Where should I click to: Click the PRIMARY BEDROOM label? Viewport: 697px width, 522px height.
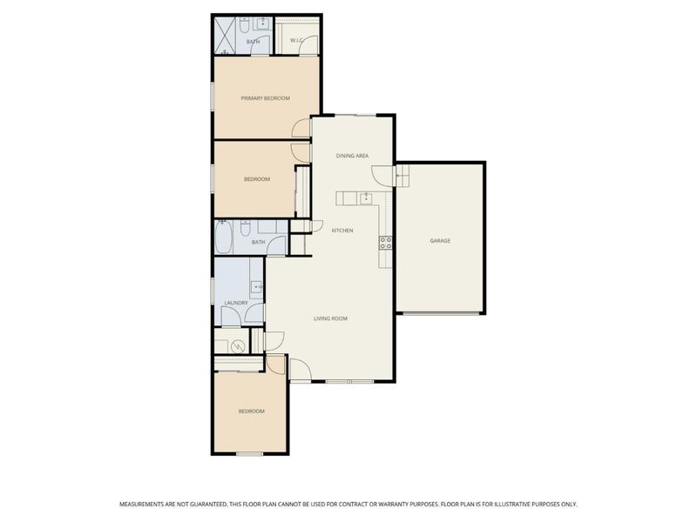pyautogui.click(x=265, y=98)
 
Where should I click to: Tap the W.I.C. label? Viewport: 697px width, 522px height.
pyautogui.click(x=295, y=40)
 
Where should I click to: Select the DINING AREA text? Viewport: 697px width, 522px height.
pyautogui.click(x=353, y=156)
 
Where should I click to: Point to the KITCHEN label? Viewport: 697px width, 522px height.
pyautogui.click(x=342, y=230)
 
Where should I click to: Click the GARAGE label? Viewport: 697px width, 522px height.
pyautogui.click(x=440, y=240)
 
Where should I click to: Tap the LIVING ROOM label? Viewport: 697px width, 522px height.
pyautogui.click(x=330, y=318)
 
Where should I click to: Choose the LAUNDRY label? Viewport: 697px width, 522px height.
pyautogui.click(x=235, y=303)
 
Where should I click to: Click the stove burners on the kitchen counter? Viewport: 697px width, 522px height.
pyautogui.click(x=384, y=244)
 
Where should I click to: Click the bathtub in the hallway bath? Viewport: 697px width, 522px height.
pyautogui.click(x=225, y=236)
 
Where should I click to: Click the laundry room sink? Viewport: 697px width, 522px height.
pyautogui.click(x=256, y=286)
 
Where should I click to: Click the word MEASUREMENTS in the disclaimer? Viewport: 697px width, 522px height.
pyautogui.click(x=145, y=504)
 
